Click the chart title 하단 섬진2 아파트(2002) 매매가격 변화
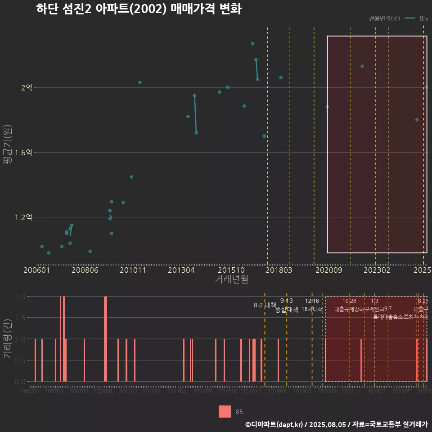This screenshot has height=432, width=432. [139, 9]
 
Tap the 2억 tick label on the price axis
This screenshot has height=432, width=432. [27, 88]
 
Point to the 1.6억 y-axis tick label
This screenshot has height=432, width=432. [23, 153]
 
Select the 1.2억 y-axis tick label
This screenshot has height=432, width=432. [23, 217]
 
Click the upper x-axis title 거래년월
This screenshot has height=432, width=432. [231, 279]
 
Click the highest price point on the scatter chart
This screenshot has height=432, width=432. [252, 44]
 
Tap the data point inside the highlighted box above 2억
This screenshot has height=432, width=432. [362, 66]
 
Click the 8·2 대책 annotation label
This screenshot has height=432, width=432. [265, 305]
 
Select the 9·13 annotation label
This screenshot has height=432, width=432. [286, 301]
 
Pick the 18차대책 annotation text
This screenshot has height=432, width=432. [312, 309]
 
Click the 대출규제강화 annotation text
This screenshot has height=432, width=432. [349, 309]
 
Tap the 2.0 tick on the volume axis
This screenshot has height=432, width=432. [20, 297]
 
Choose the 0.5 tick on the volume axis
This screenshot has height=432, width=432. [20, 360]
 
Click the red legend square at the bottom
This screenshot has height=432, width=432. [225, 411]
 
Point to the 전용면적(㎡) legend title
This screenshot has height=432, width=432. [384, 18]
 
